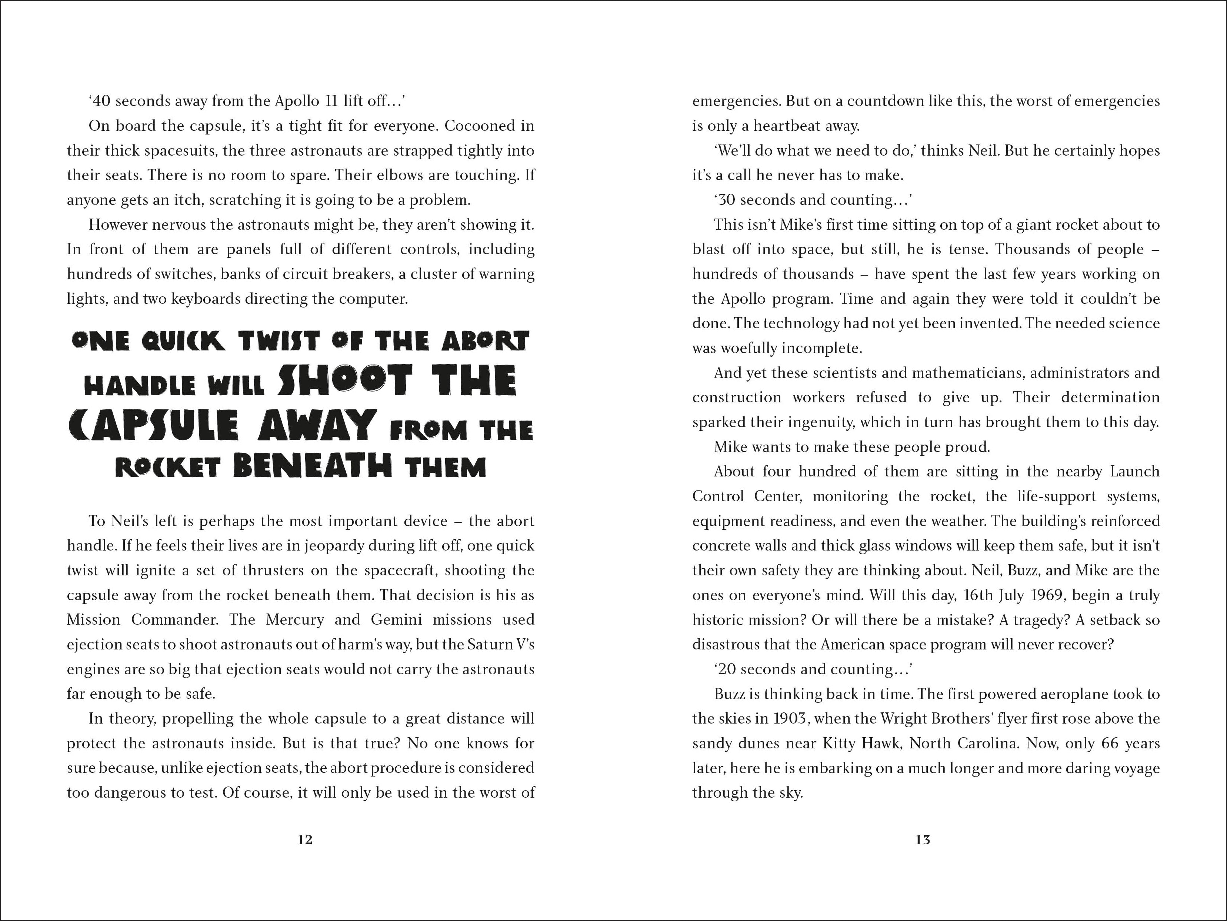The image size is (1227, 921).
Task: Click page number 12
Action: coord(305,840)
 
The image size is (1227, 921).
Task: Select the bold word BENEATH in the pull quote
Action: coord(312,466)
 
